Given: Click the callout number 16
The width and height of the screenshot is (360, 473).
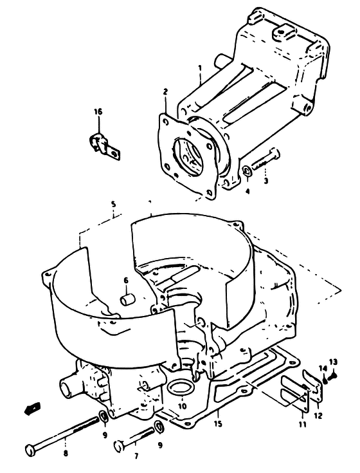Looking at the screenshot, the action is (x=98, y=112).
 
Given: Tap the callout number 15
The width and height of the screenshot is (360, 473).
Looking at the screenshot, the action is (x=218, y=423).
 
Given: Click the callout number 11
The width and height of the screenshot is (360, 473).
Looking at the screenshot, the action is (x=303, y=425).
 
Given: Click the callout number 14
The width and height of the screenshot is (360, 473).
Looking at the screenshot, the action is (x=323, y=368).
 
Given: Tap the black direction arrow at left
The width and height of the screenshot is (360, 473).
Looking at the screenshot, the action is (x=32, y=408).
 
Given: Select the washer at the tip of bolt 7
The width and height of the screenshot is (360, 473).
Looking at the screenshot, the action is (x=158, y=427).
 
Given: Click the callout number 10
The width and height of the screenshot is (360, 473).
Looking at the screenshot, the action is (x=183, y=406).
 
